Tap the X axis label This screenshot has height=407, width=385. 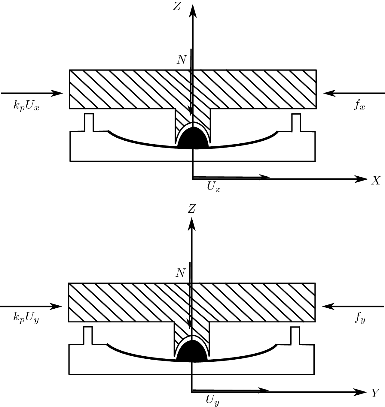376,181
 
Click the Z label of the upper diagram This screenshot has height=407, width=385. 177,7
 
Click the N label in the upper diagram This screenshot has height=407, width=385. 182,60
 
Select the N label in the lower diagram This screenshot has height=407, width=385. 180,273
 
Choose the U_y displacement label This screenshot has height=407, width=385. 212,400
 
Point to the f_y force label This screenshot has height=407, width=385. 359,319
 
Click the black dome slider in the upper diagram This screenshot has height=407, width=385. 193,138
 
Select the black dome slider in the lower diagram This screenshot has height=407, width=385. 192,351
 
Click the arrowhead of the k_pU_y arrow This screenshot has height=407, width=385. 57,306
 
